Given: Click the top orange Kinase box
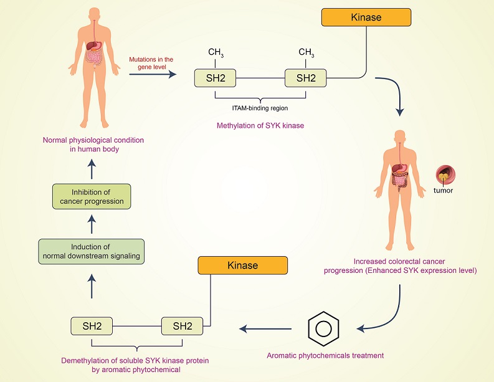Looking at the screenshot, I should pos(366,17).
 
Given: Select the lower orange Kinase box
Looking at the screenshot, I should pos(243,265).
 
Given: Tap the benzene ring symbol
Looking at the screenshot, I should pos(324,328).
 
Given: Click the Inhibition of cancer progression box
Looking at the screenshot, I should pos(92,196).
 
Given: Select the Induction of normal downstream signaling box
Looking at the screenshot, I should pos(91,251).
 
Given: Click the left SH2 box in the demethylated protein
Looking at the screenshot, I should pos(92,326).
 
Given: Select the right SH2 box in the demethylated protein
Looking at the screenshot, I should pos(183,326).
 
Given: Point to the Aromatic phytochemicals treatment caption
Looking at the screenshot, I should pos(325,356).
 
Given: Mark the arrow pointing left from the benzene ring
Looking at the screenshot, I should pos(266,328).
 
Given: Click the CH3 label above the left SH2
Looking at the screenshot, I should pos(216,52).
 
